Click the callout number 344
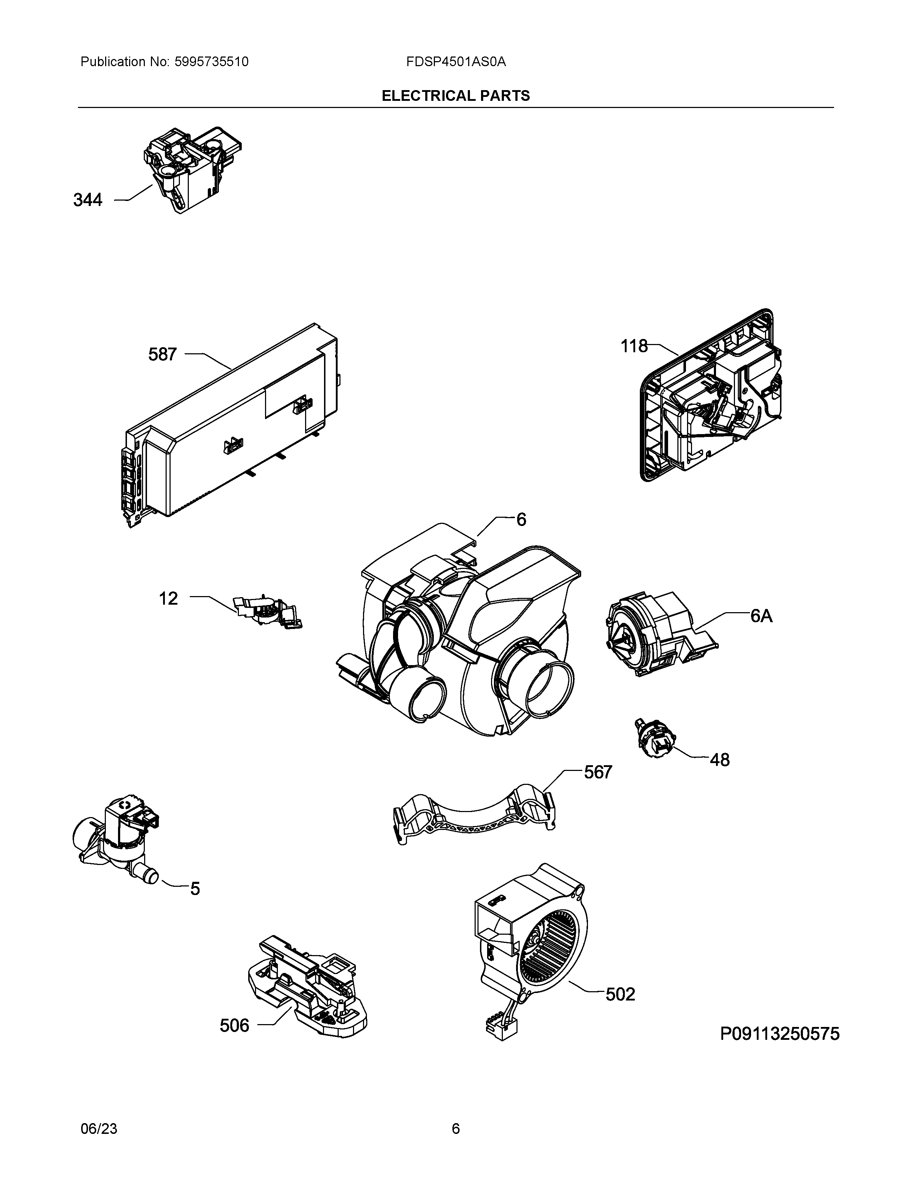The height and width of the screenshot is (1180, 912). (x=88, y=201)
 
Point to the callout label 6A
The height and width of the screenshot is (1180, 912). (x=761, y=616)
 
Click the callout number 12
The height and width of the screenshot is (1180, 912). (x=168, y=599)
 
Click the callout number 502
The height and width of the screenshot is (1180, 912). (x=620, y=994)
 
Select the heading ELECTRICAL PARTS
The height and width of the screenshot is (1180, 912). (x=455, y=96)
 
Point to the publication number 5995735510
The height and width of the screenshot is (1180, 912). (x=211, y=62)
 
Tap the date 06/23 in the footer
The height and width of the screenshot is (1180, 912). (x=98, y=1129)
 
